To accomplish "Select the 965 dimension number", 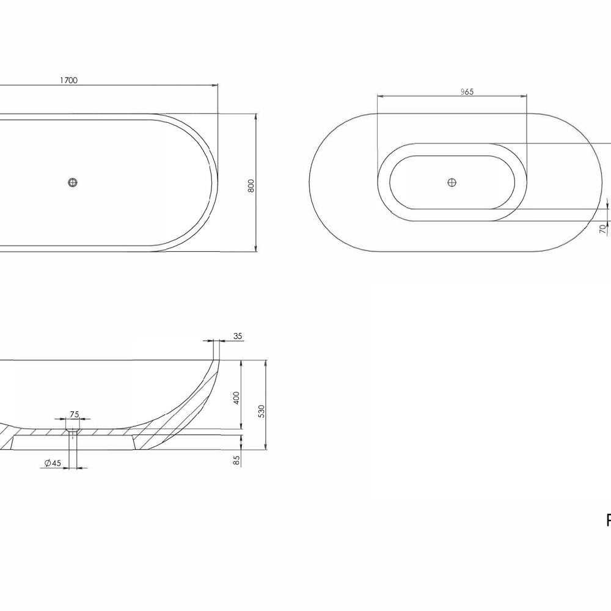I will (x=467, y=92).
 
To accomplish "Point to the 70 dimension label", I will (x=602, y=229).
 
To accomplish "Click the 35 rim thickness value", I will (x=238, y=336).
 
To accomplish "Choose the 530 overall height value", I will (x=261, y=411).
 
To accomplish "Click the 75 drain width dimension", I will (x=74, y=414).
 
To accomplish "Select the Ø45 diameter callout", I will (x=53, y=464).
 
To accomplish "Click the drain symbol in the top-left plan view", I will (x=73, y=182).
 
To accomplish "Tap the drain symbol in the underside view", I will (x=452, y=182).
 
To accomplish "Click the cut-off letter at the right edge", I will (x=608, y=521).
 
